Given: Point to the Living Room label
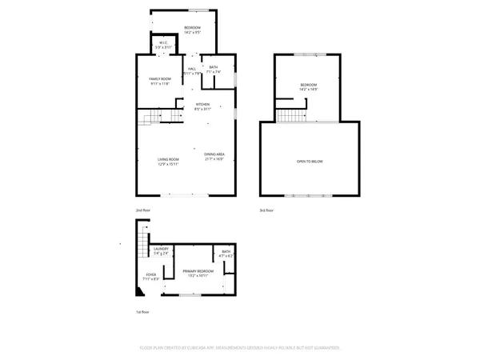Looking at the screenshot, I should (167, 160).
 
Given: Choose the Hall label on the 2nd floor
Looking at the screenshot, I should (192, 70).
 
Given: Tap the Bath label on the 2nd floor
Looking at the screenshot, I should (213, 70).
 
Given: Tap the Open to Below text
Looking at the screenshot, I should (310, 162).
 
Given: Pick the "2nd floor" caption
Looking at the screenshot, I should (142, 210).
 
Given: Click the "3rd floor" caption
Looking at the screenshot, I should (267, 210).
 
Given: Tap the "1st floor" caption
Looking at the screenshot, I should (142, 312).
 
